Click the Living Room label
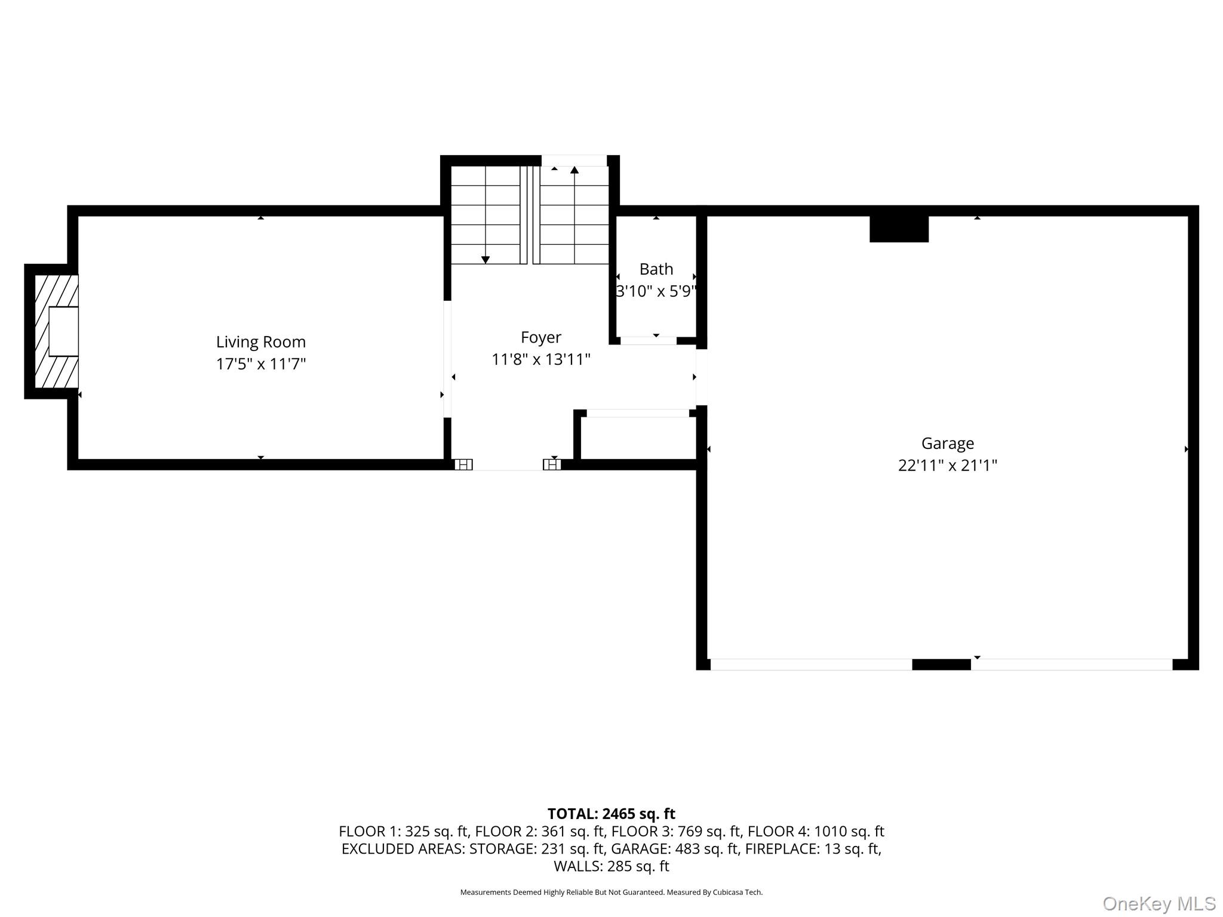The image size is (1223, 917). (260, 342)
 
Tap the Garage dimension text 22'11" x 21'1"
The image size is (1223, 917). (948, 465)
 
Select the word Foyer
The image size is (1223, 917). (541, 338)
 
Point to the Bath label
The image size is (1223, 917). (656, 269)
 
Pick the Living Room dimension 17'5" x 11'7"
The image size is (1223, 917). (261, 364)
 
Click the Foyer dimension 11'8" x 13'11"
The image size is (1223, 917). (541, 359)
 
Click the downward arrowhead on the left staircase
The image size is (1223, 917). (485, 260)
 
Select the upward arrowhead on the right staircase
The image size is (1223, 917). (574, 170)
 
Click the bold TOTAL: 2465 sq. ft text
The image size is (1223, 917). (611, 814)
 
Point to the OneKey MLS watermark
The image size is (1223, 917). (1159, 904)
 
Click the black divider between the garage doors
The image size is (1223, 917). (941, 664)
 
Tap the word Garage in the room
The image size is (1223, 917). (948, 444)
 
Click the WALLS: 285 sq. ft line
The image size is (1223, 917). (611, 866)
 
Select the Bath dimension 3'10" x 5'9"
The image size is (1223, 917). (656, 291)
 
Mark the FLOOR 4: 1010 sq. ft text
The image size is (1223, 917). (816, 831)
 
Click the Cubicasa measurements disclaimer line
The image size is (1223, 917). (611, 893)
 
